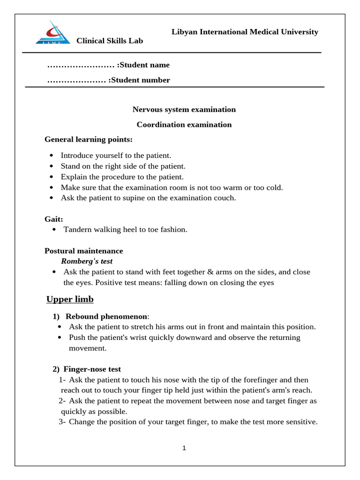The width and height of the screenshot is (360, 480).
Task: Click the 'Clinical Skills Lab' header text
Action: tap(110, 41)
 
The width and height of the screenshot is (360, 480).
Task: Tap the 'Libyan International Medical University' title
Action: tap(245, 32)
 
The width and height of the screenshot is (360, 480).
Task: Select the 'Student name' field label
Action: tap(143, 65)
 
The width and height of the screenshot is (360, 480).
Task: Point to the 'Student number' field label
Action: tap(139, 80)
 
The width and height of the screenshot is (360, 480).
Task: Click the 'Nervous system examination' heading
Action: tap(184, 110)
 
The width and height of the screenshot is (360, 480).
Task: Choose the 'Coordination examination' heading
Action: tap(184, 125)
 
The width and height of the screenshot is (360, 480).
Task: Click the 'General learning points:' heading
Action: tap(89, 139)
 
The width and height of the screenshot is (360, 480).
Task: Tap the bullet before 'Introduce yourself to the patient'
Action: tap(51, 155)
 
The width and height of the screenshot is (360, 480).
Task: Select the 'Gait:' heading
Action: tap(54, 219)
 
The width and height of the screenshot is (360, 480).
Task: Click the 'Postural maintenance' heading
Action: tap(83, 251)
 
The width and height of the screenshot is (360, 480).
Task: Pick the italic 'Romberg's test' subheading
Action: tap(87, 261)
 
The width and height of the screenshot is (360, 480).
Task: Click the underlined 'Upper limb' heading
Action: tap(70, 300)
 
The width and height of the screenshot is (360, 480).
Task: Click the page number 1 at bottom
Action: tap(184, 448)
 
